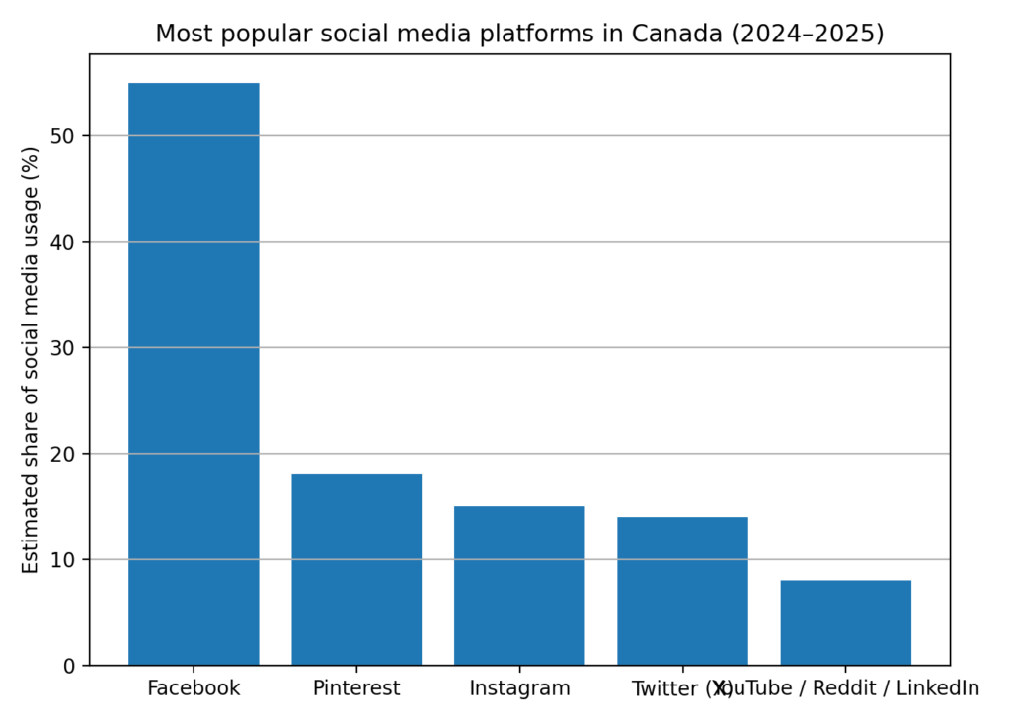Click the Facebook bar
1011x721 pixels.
point(194,374)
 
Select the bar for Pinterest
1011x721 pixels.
point(356,569)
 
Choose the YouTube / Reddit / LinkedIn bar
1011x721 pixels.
point(845,622)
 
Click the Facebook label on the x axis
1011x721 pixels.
point(194,688)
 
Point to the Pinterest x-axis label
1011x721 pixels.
point(356,688)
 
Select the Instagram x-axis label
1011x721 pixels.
point(519,688)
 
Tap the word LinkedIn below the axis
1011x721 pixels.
point(938,688)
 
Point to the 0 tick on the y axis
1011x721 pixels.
point(68,666)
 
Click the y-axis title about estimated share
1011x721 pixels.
point(31,360)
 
